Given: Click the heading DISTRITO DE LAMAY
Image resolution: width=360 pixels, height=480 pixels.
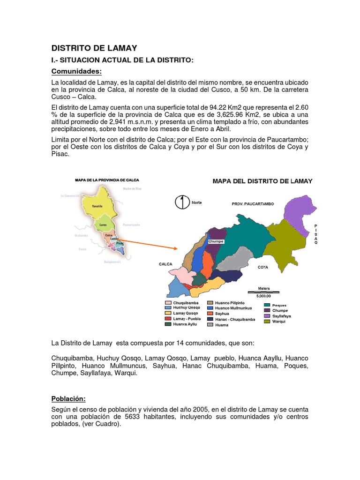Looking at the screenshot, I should click(x=94, y=47).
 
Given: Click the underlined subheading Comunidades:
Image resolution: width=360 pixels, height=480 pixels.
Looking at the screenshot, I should click(x=76, y=71).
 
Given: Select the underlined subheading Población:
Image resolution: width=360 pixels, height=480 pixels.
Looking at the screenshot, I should click(x=68, y=398).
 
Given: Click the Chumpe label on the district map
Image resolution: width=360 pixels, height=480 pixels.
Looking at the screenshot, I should click(x=216, y=241).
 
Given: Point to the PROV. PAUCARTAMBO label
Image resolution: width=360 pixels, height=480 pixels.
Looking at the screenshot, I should click(x=253, y=204).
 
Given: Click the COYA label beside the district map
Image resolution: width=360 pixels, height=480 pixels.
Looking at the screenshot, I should click(x=262, y=267).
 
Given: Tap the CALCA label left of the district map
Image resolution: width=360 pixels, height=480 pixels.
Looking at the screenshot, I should click(x=166, y=264).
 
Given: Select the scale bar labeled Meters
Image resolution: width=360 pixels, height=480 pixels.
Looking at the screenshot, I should click(x=264, y=292).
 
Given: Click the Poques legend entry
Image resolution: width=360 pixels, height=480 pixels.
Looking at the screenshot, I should click(x=278, y=305).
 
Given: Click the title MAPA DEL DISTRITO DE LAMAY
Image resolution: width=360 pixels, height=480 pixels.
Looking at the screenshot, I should click(x=262, y=181).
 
